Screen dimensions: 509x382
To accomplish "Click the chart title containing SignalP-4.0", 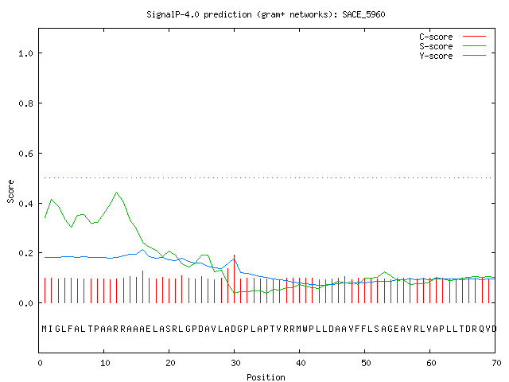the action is click(266, 14).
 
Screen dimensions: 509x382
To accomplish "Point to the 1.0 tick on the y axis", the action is click(25, 53).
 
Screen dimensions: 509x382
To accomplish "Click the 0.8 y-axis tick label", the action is click(25, 103).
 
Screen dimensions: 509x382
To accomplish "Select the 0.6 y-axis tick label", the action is click(25, 154).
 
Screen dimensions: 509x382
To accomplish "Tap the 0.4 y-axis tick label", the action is click(25, 204).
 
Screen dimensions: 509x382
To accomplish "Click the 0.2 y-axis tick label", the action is click(25, 253).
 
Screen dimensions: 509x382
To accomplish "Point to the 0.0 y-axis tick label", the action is click(25, 303).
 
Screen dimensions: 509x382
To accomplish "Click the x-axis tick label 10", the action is click(105, 363).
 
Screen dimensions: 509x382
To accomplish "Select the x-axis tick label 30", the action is click(235, 363).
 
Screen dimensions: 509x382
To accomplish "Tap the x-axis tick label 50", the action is click(366, 363).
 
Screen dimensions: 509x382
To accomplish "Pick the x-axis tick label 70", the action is click(496, 363).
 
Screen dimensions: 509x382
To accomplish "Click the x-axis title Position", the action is click(266, 377).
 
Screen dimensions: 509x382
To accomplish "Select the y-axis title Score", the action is click(10, 191).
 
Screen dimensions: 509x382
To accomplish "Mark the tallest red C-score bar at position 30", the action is click(234, 279).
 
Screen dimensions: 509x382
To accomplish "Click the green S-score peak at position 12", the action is click(117, 193).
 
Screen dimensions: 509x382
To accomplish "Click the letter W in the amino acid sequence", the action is click(305, 329).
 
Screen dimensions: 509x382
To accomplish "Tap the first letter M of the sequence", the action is click(45, 329).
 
